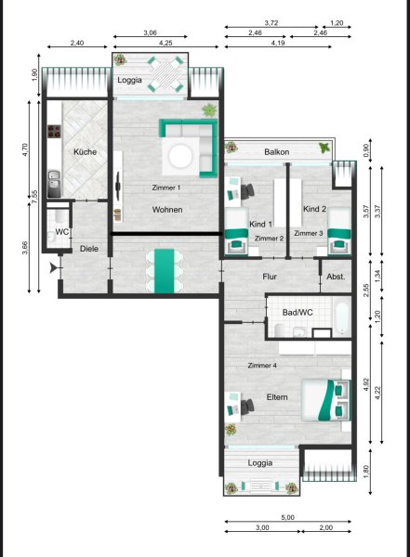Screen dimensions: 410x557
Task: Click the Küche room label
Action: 85,152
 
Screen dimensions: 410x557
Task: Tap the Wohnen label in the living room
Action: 167,210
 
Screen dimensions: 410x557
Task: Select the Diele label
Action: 89,249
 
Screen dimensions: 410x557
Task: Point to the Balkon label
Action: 276,152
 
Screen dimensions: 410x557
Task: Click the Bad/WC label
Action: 298,312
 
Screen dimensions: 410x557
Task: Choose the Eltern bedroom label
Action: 277,397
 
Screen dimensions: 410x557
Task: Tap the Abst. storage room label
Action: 336,277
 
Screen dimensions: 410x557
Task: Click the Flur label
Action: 270,277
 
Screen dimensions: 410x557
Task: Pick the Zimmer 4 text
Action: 262,365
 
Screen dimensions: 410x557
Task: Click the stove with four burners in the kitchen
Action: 55,131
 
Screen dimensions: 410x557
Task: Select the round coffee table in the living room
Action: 181,156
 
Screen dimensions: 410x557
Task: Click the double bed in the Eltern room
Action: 326,400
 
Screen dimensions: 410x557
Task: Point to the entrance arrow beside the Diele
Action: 55,267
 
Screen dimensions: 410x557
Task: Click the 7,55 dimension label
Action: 34,197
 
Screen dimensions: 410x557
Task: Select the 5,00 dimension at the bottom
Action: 287,518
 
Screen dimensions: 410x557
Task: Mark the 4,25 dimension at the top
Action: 165,43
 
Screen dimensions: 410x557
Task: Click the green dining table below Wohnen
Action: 165,271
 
